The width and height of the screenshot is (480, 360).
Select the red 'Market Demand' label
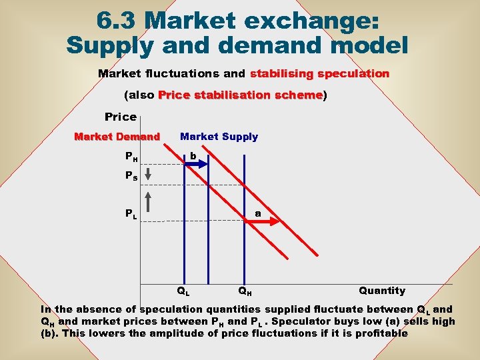click(117, 137)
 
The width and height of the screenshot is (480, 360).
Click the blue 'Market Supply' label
click(219, 137)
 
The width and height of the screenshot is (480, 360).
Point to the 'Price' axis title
click(121, 117)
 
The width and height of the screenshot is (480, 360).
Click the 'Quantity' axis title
click(381, 291)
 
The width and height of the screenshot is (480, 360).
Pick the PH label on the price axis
click(132, 157)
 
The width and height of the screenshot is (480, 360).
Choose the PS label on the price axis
click(132, 177)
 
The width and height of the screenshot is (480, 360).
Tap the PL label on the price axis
click(132, 214)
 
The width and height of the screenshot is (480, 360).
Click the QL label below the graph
click(183, 291)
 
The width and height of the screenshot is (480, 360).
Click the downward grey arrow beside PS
click(149, 175)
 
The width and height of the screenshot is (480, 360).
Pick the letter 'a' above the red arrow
click(257, 214)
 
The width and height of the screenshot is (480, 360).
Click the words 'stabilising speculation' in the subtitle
click(319, 73)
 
